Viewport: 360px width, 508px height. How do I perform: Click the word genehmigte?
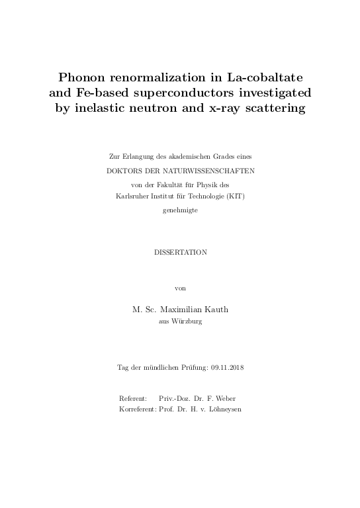[180, 210]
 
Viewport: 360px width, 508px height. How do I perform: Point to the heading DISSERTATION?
[180, 252]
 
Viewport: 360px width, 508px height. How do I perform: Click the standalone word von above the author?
[180, 288]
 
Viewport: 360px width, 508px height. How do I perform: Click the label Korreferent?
[138, 410]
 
